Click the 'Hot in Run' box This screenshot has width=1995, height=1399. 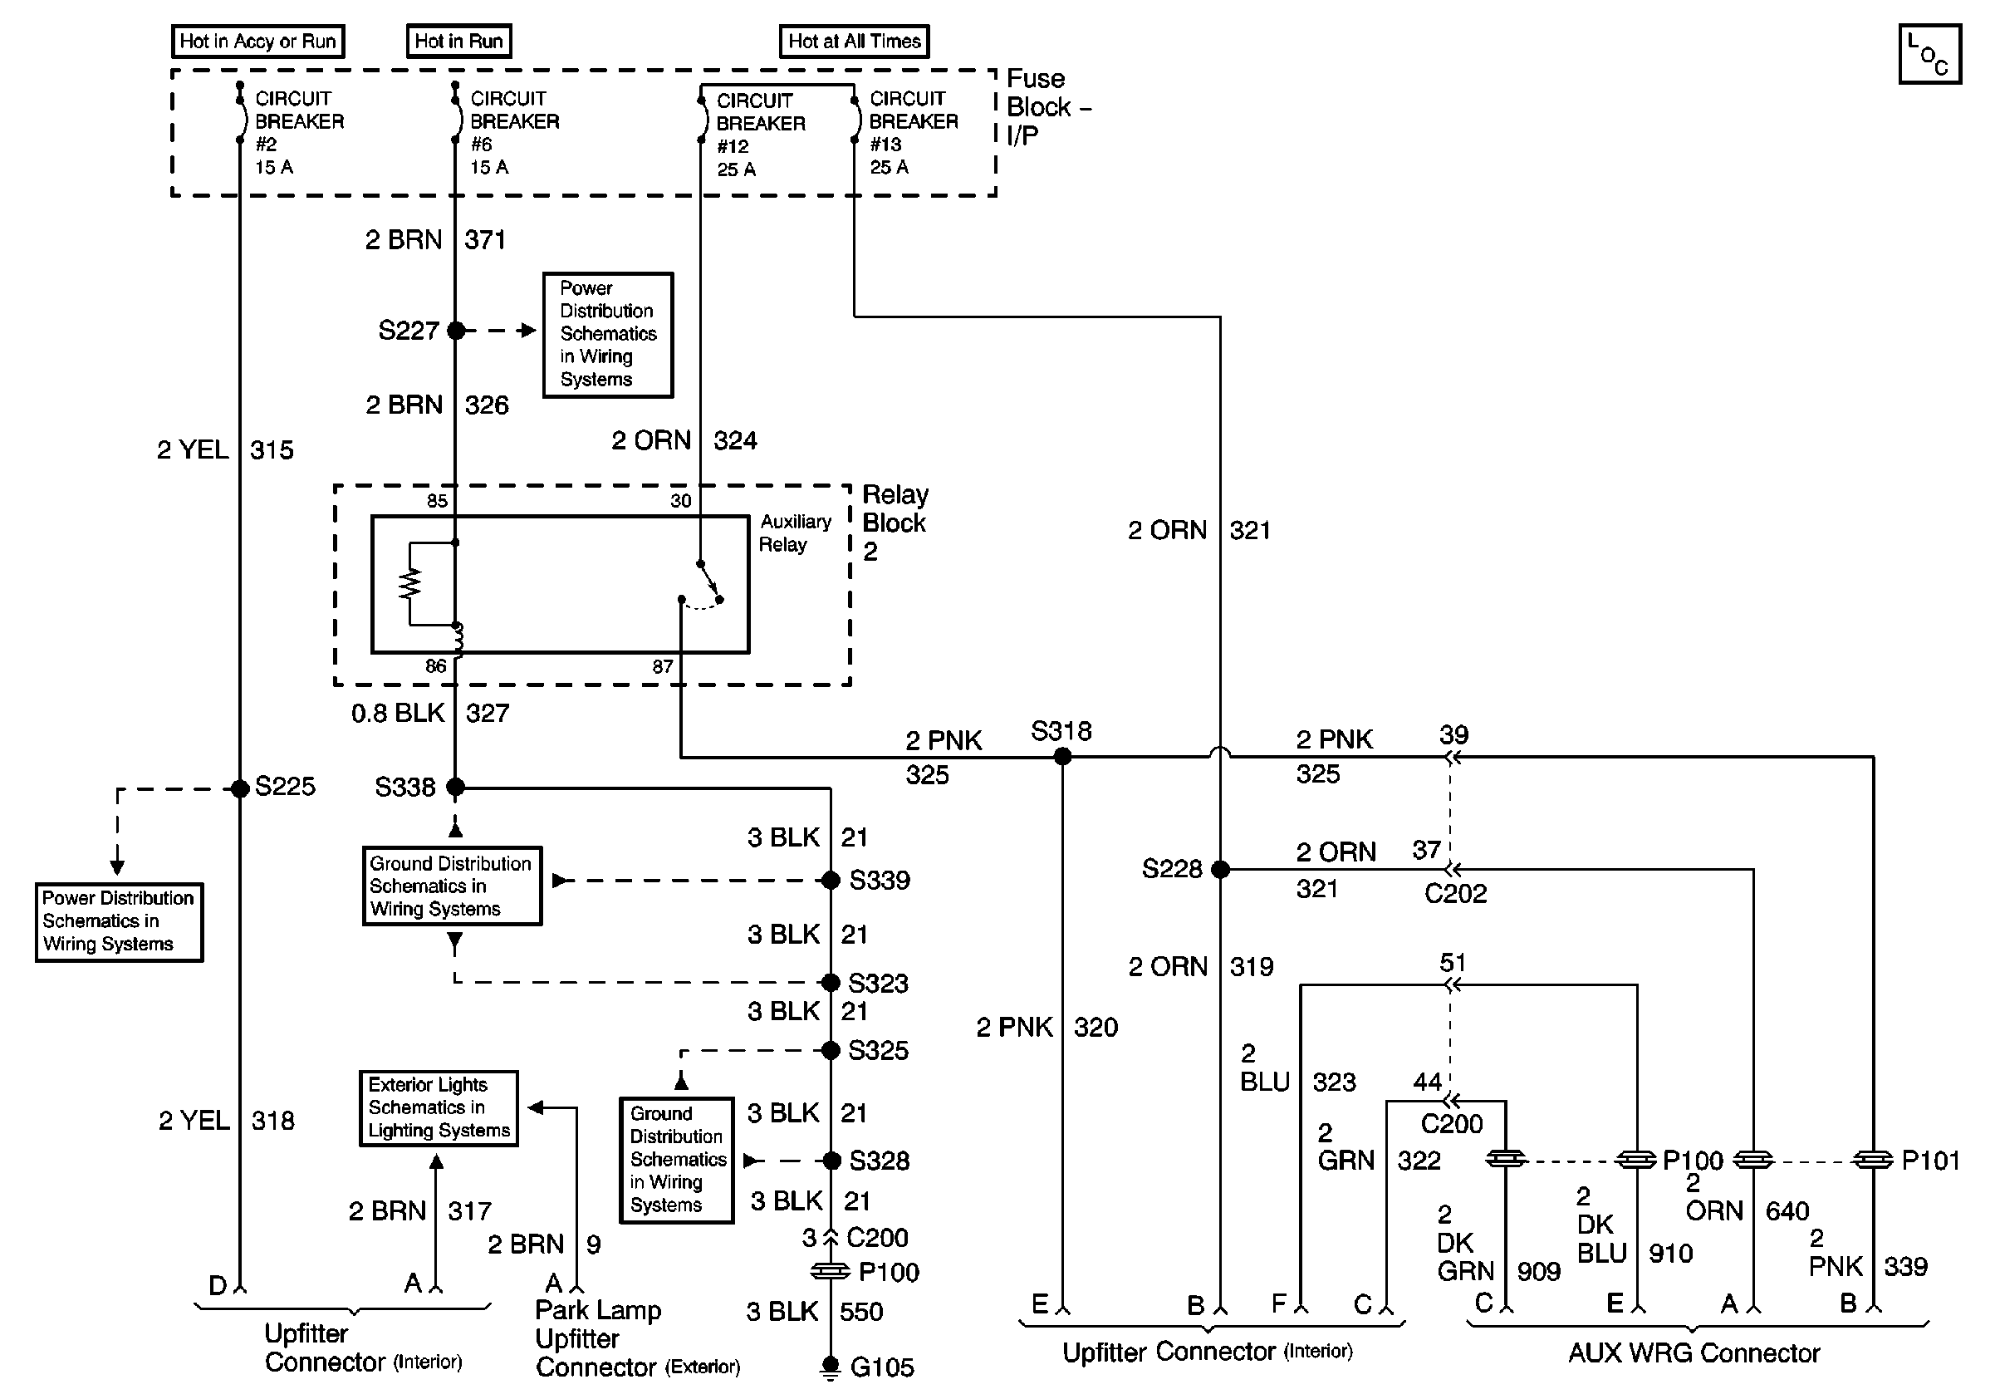(458, 41)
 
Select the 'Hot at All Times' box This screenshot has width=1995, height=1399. (854, 41)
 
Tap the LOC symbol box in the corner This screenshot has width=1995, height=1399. (1930, 54)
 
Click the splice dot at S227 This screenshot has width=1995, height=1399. (455, 330)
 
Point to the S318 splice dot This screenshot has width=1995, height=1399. (1061, 757)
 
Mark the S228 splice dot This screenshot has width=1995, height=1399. (1220, 869)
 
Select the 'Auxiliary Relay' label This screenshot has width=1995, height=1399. (795, 533)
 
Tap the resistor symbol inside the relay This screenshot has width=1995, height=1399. (409, 584)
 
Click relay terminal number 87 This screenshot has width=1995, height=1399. (663, 666)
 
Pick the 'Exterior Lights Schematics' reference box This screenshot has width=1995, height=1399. (439, 1108)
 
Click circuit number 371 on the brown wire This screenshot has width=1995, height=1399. (485, 240)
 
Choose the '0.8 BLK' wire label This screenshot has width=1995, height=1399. (398, 714)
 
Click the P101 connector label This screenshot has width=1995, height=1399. (1931, 1160)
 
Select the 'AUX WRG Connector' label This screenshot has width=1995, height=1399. (1694, 1353)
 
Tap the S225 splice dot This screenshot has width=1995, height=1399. (240, 788)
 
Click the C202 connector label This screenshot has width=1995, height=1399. (1455, 893)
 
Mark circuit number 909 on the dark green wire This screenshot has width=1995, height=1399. (1539, 1271)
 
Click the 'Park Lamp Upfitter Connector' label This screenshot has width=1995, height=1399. (637, 1338)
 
